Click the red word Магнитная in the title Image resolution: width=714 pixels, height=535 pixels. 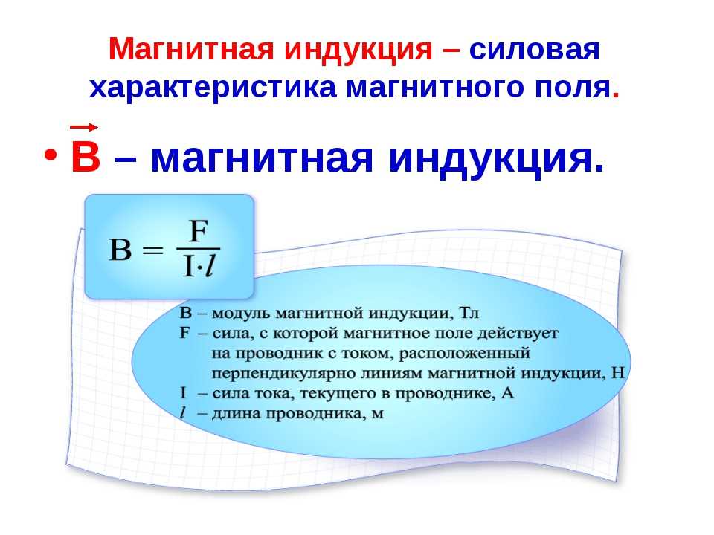pyautogui.click(x=191, y=49)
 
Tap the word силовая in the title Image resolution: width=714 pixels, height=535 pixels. pyautogui.click(x=535, y=50)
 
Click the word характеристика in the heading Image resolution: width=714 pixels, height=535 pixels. pyautogui.click(x=213, y=88)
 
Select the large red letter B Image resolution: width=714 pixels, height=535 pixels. pyautogui.click(x=86, y=157)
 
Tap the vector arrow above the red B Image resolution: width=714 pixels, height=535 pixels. pyautogui.click(x=84, y=127)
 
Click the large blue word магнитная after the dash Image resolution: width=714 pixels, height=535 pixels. pyautogui.click(x=261, y=159)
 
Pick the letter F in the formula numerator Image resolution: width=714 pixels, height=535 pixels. pyautogui.click(x=199, y=232)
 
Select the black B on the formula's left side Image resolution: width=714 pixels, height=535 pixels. pyautogui.click(x=120, y=250)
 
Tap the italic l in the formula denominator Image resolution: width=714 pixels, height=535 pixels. pyautogui.click(x=210, y=266)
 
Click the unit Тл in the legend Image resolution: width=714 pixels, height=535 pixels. pyautogui.click(x=469, y=313)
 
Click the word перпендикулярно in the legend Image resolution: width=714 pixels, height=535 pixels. pyautogui.click(x=283, y=374)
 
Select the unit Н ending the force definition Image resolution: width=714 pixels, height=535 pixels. pyautogui.click(x=617, y=373)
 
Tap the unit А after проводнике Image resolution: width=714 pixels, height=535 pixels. pyautogui.click(x=508, y=392)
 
